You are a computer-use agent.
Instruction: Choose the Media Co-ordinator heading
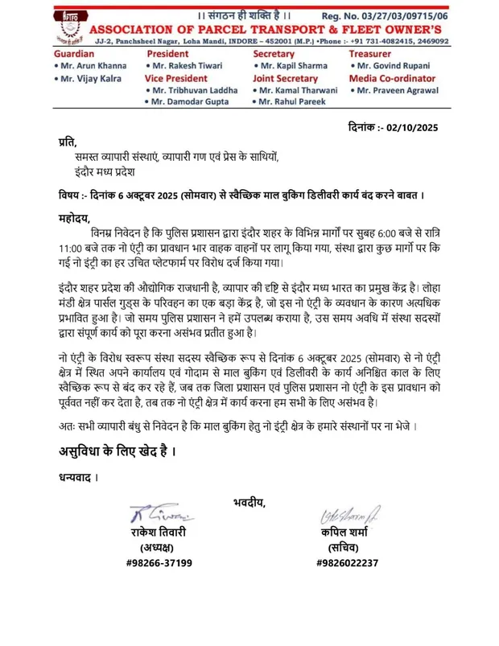tap(397, 79)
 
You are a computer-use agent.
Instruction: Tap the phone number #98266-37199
tap(159, 562)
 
